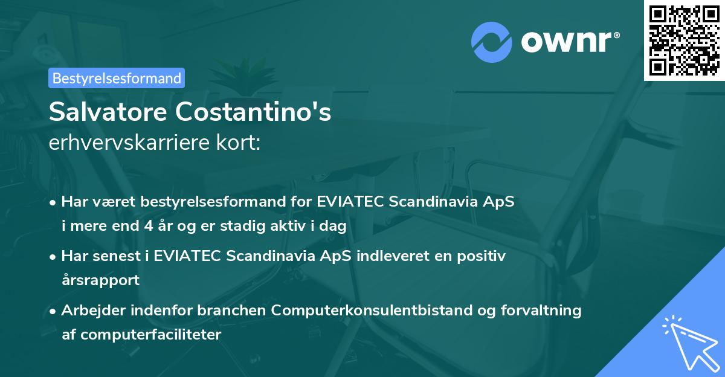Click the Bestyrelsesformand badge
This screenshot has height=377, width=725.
tap(117, 78)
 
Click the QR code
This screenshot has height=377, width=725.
tap(684, 40)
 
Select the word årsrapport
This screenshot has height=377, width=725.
tap(100, 280)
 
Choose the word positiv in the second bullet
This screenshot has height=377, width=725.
tap(483, 256)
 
